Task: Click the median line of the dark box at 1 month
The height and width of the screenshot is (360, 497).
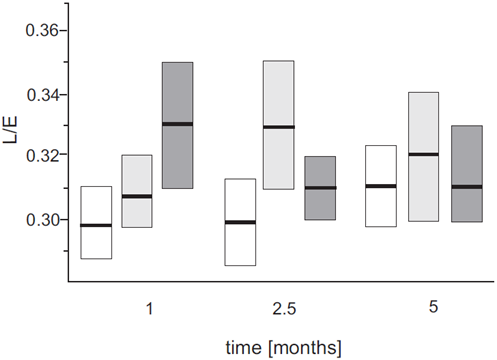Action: [177, 124]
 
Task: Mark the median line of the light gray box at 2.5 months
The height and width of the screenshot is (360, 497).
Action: [278, 127]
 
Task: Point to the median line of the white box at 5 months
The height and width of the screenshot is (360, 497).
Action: [381, 186]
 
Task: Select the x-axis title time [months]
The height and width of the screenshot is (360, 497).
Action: [283, 346]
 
